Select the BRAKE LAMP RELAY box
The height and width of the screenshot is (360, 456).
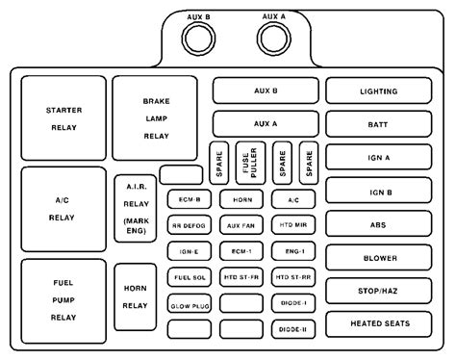point(155,116)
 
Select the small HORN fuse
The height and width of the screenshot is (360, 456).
point(240,199)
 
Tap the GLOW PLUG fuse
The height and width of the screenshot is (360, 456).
point(188,303)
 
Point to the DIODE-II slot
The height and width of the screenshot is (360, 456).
point(291,329)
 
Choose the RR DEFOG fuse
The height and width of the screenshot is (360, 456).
point(188,225)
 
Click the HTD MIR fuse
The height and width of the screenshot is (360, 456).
point(291,225)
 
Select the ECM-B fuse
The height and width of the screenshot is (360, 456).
point(188,199)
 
